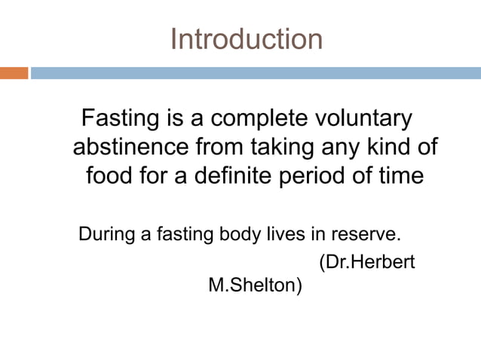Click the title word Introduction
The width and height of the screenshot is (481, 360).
[246, 38]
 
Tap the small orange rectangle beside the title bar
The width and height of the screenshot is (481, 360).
[14, 73]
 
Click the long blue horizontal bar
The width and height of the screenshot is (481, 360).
[256, 73]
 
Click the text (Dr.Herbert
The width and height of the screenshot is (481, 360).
[367, 264]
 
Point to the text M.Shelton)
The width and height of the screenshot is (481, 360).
[254, 287]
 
